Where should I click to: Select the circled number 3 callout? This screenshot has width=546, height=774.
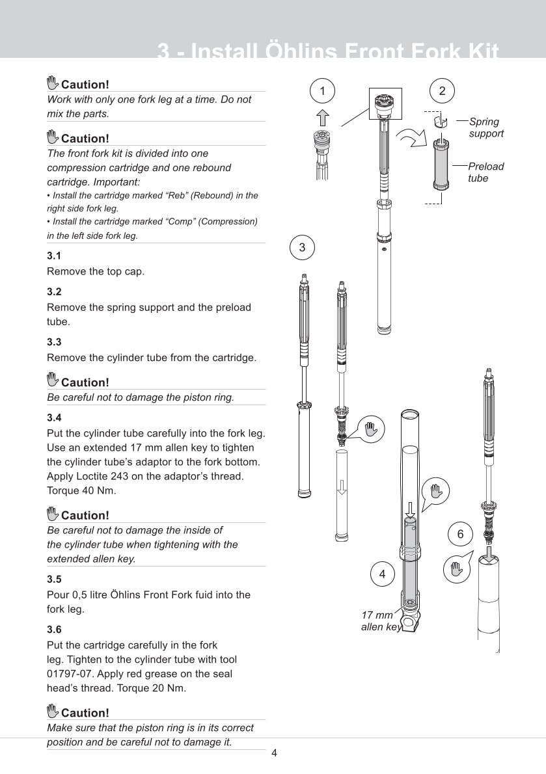point(302,247)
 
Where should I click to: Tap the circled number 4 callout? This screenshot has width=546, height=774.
point(382,574)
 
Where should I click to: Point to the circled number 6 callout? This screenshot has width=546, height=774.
point(460,534)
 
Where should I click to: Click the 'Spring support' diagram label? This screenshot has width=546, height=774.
point(485,127)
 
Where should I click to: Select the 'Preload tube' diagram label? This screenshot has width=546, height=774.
point(485,172)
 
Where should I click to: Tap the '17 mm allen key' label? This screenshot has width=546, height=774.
point(379,621)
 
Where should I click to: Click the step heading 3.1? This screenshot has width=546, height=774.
point(54,256)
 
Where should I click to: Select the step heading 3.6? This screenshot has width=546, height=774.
point(54,630)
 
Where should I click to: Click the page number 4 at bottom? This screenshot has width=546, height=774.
point(274,754)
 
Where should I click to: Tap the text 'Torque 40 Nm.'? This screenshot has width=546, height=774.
point(82,490)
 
